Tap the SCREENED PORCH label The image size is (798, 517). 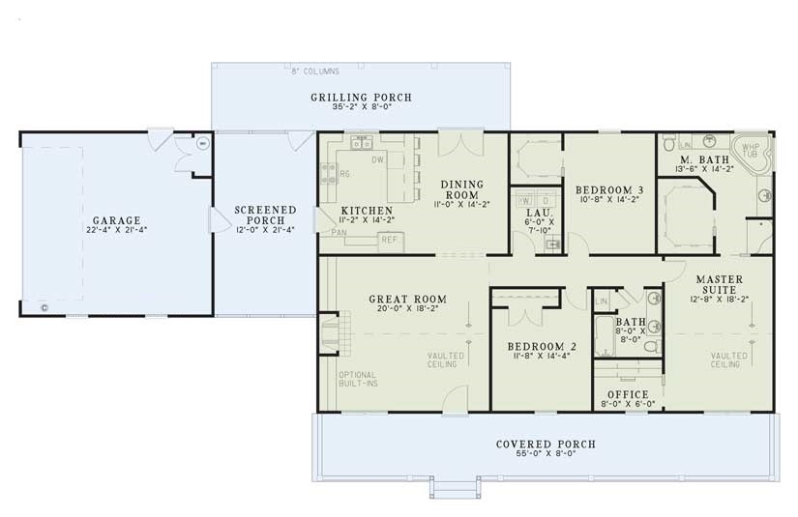265,215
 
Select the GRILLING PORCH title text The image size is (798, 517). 361,98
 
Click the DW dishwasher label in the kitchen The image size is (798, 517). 378,158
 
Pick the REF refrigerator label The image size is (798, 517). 389,239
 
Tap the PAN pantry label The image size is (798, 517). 339,233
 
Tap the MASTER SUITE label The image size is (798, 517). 719,284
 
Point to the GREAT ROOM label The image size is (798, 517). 399,300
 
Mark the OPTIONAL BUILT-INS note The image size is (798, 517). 358,380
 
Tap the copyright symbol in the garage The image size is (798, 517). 44,308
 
